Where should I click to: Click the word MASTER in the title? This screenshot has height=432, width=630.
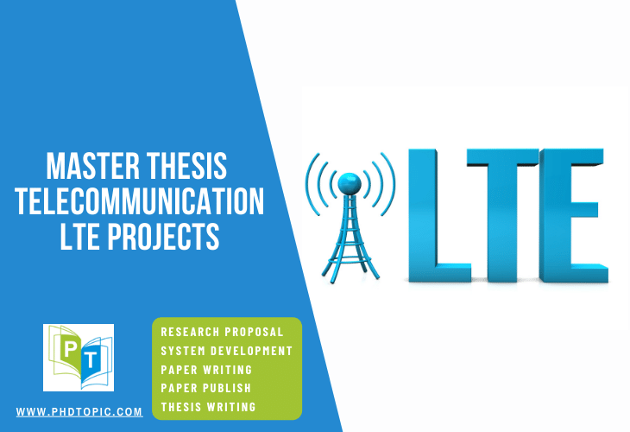click(93, 166)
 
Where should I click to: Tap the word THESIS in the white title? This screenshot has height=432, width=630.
click(186, 166)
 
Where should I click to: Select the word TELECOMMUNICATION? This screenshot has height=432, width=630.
click(140, 201)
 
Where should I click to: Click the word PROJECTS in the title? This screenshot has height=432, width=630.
click(163, 237)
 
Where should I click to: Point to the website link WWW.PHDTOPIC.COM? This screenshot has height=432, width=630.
click(79, 412)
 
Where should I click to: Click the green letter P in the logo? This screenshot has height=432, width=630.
click(70, 349)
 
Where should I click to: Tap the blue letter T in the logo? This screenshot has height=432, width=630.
click(91, 359)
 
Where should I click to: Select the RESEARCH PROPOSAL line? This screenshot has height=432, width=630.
click(222, 332)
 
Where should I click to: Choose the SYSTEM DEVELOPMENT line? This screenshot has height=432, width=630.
click(227, 351)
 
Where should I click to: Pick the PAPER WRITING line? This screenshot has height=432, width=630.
click(206, 370)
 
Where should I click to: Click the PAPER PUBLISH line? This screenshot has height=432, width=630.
click(206, 388)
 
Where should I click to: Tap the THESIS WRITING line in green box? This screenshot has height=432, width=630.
click(209, 407)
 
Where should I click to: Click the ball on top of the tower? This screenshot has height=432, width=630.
click(350, 185)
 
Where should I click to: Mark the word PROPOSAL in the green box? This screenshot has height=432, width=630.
click(254, 332)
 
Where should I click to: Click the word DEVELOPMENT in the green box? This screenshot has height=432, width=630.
click(251, 351)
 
